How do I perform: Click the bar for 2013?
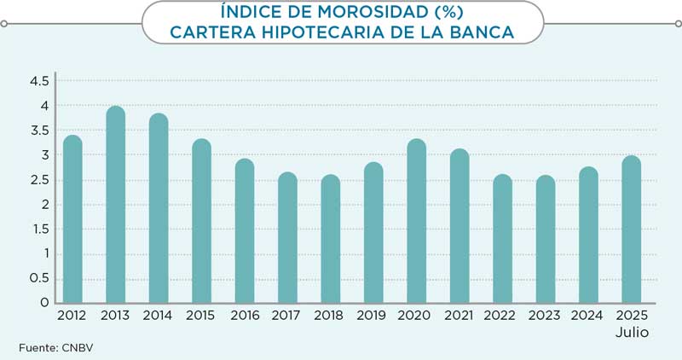[116, 206]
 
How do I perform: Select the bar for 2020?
[417, 222]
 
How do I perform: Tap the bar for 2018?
[331, 240]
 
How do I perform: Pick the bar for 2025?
[632, 230]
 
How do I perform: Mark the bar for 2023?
[546, 240]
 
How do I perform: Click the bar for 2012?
[72, 220]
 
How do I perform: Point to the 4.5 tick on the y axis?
[39, 81]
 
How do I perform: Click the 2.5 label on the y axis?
[39, 180]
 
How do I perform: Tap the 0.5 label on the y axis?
[39, 279]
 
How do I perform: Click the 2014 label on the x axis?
[159, 316]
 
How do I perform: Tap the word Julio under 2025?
[632, 333]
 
